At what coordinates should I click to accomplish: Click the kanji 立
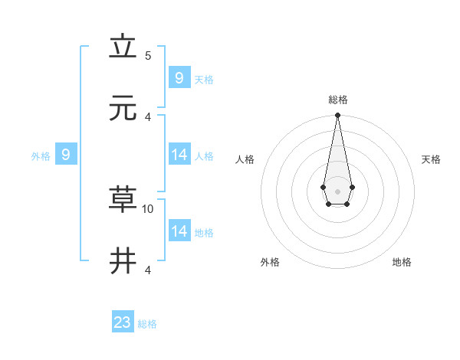(x=123, y=47)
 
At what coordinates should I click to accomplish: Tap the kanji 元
(x=123, y=108)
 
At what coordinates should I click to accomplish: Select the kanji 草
(x=123, y=200)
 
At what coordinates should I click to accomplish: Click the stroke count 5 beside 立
(x=148, y=56)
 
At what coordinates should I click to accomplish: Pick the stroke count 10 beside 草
(x=148, y=208)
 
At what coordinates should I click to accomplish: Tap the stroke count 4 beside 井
(x=148, y=270)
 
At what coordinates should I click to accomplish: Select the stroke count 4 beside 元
(x=148, y=116)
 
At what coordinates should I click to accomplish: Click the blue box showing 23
(x=123, y=322)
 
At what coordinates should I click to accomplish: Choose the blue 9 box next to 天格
(x=179, y=77)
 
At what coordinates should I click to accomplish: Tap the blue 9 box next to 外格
(x=66, y=155)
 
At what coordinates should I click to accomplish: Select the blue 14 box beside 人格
(x=179, y=155)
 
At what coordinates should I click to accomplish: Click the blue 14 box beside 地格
(x=179, y=231)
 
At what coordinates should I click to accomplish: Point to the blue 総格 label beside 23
(x=147, y=324)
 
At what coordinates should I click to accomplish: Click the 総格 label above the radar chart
(x=337, y=100)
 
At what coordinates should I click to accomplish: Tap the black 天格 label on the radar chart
(x=431, y=159)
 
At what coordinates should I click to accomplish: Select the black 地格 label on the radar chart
(x=402, y=262)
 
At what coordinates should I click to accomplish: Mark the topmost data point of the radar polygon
(x=337, y=116)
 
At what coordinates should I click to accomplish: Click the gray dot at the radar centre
(x=337, y=191)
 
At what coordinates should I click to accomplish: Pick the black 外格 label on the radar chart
(x=270, y=262)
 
